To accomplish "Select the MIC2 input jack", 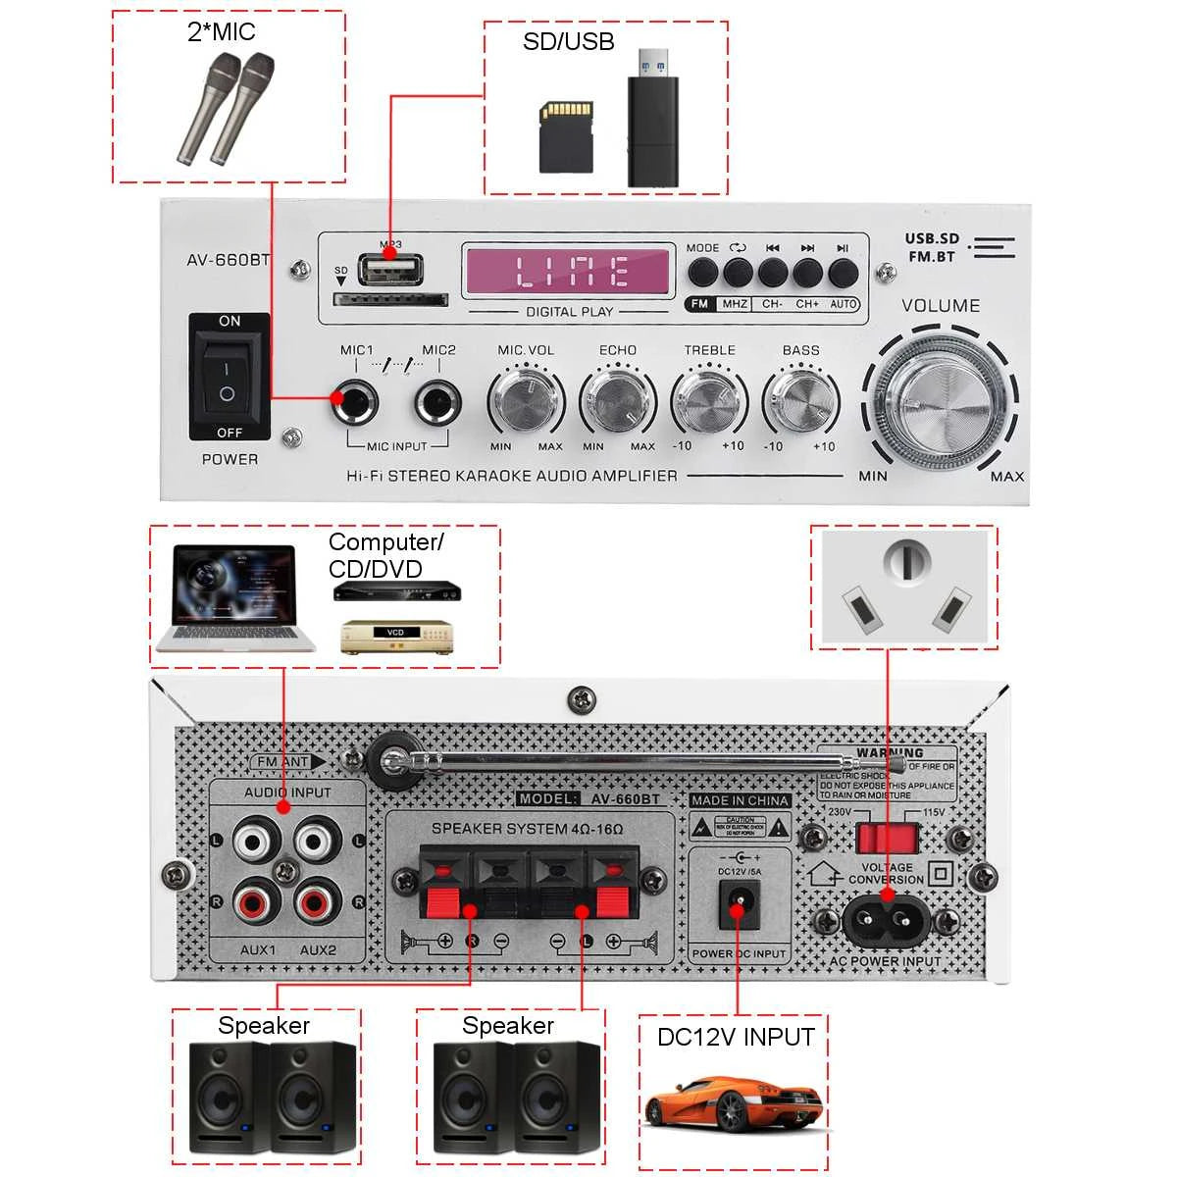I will pos(437,400).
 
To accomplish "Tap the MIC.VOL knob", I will pos(526,400).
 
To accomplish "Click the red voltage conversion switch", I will pos(887,838).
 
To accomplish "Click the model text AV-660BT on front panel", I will pos(228,260).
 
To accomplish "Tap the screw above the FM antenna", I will pos(582,699).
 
